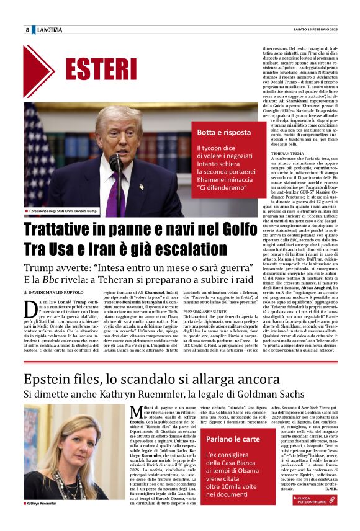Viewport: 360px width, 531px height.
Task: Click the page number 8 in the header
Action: coord(27,30)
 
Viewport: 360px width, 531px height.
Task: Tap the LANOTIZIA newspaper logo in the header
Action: coord(49,30)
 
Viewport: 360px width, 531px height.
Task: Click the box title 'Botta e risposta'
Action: coord(223,133)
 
